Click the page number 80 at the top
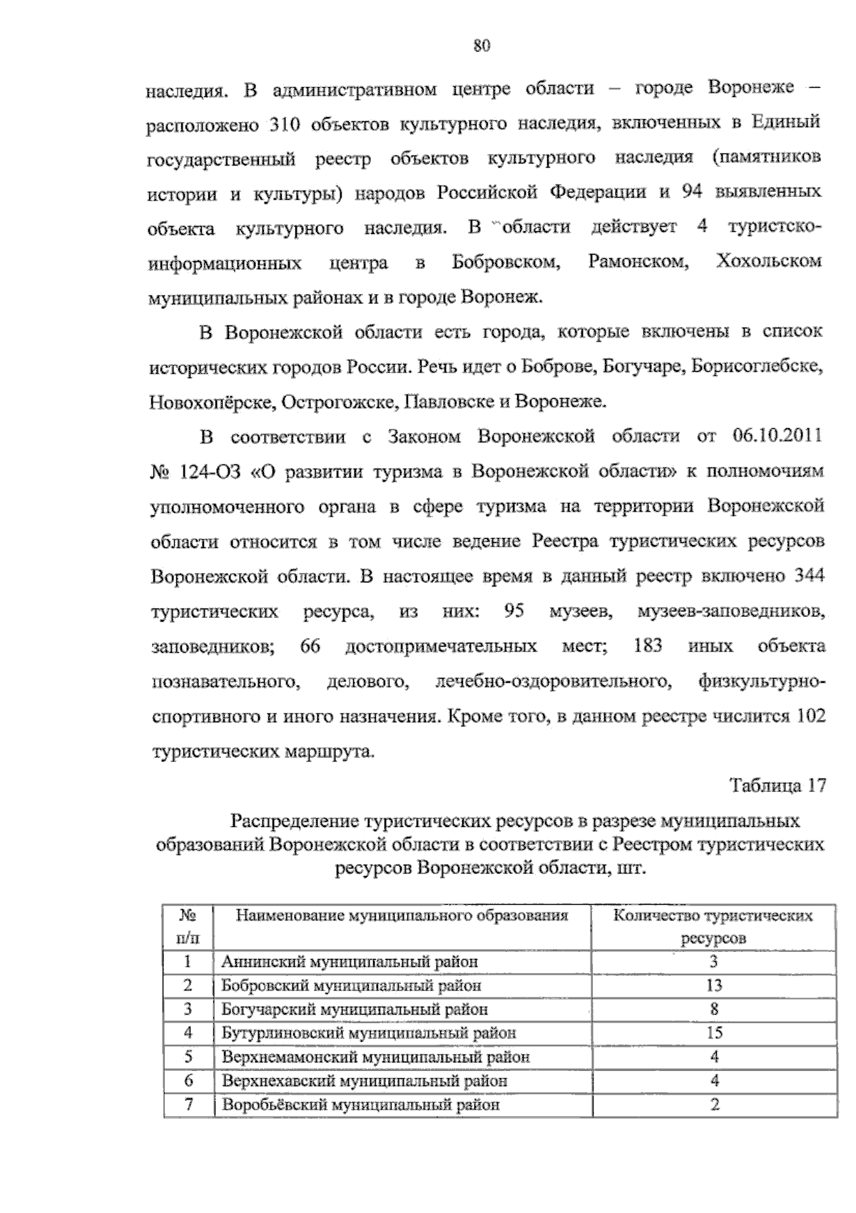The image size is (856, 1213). click(x=482, y=46)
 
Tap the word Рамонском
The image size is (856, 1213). click(x=638, y=262)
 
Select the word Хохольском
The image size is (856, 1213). click(x=768, y=262)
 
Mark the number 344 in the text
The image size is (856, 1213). click(x=810, y=577)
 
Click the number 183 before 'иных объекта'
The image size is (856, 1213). click(x=648, y=646)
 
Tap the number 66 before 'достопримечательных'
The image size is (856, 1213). click(x=310, y=646)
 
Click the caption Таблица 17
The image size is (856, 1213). click(x=777, y=786)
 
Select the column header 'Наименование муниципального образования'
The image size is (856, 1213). click(x=402, y=916)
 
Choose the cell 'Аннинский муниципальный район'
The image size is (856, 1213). click(x=350, y=962)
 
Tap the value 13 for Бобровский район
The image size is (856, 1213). click(x=713, y=985)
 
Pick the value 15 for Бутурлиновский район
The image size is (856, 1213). click(x=713, y=1032)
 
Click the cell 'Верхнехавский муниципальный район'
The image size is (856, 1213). click(x=365, y=1080)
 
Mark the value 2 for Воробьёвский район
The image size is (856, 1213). click(x=714, y=1105)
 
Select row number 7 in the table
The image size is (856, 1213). click(x=188, y=1105)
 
